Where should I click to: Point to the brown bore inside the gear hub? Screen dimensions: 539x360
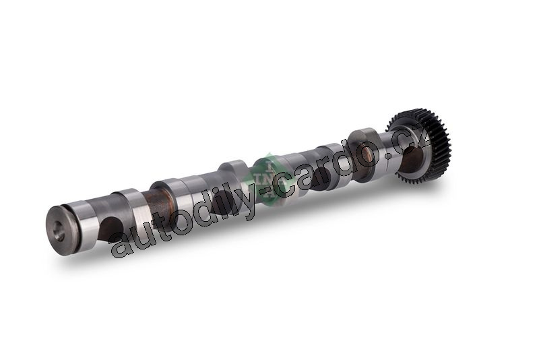tap(412, 159)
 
